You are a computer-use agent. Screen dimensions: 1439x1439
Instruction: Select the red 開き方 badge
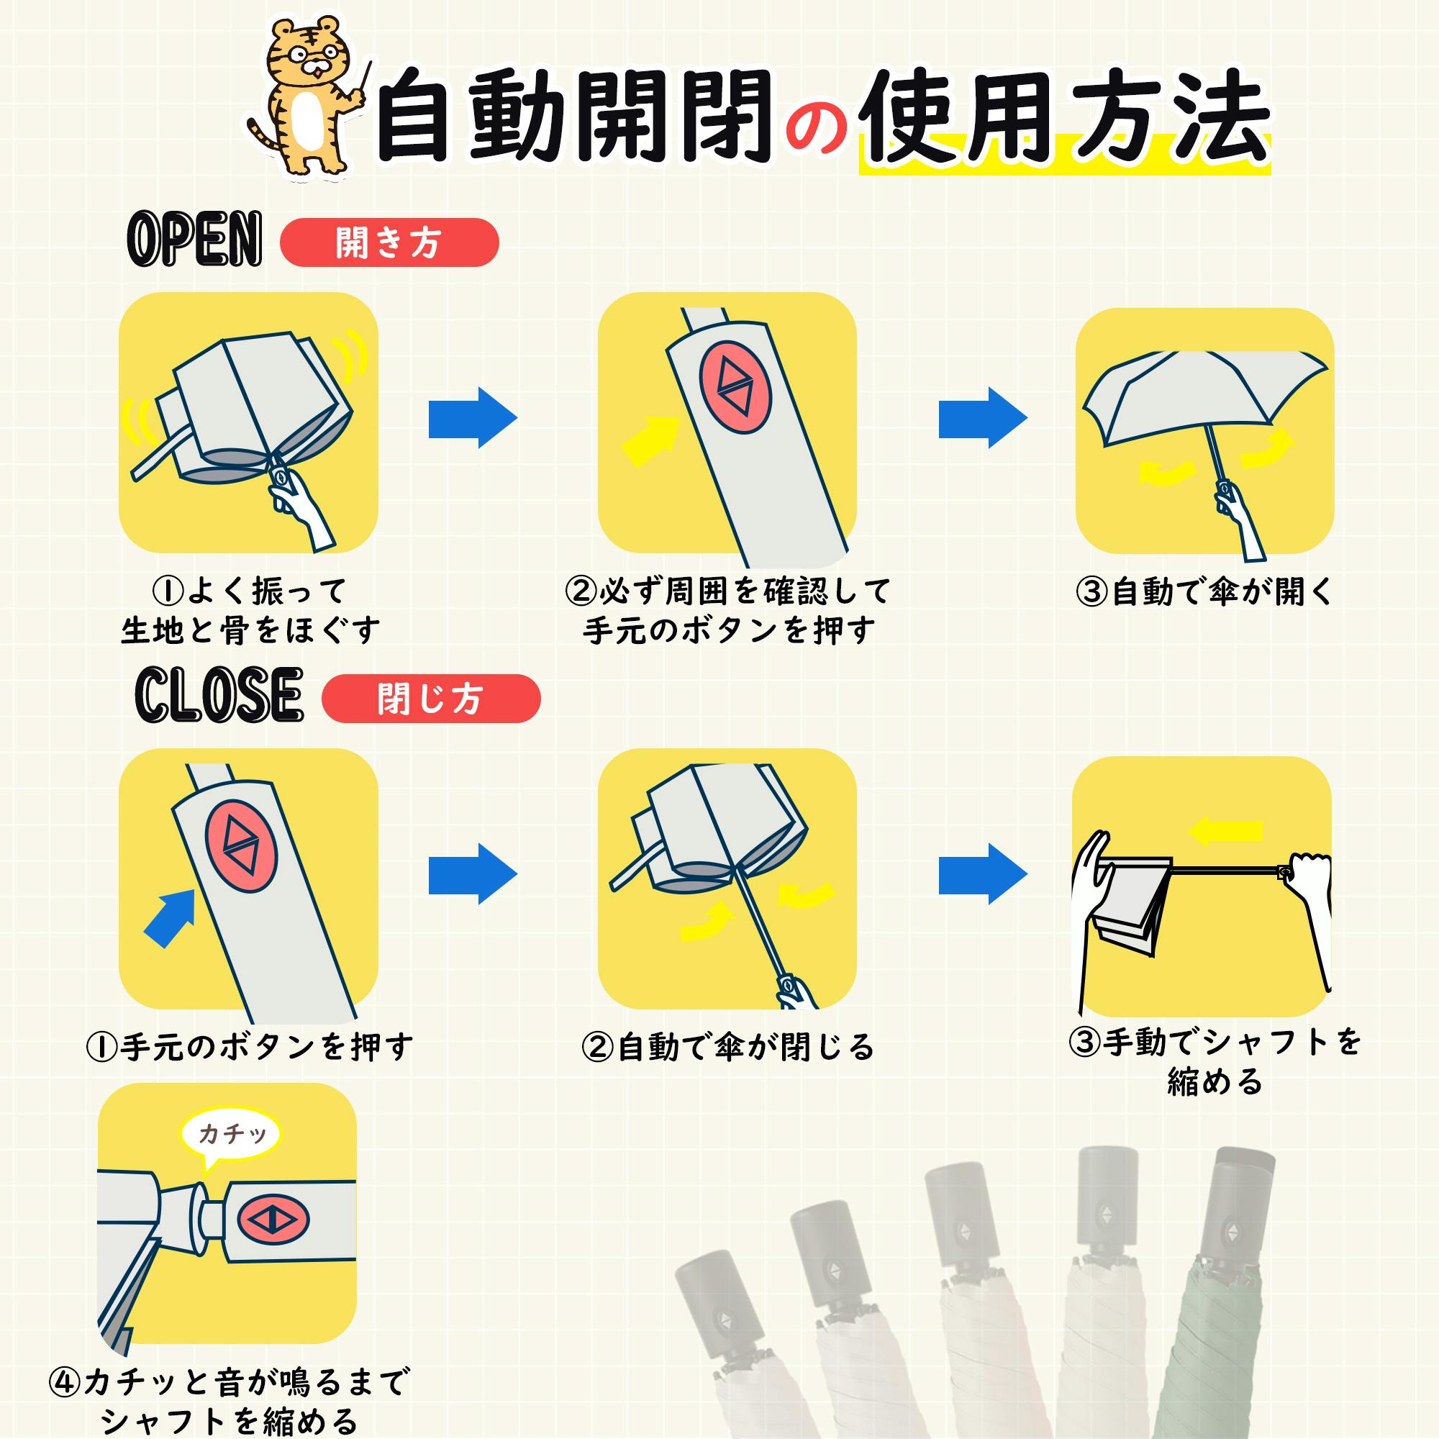[389, 242]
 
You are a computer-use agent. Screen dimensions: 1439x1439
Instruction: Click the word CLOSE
[219, 695]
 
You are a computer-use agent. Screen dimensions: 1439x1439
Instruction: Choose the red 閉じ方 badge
[430, 699]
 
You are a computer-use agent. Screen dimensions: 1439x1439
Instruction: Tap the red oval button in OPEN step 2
[735, 387]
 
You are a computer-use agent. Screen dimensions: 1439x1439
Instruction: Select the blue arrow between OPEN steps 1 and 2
[473, 418]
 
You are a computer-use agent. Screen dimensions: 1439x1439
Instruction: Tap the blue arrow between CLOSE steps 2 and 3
[983, 874]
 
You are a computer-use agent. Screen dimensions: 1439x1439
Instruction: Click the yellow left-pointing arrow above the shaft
[1225, 831]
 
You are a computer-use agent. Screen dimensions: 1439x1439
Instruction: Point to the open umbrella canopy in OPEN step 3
[1203, 395]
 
